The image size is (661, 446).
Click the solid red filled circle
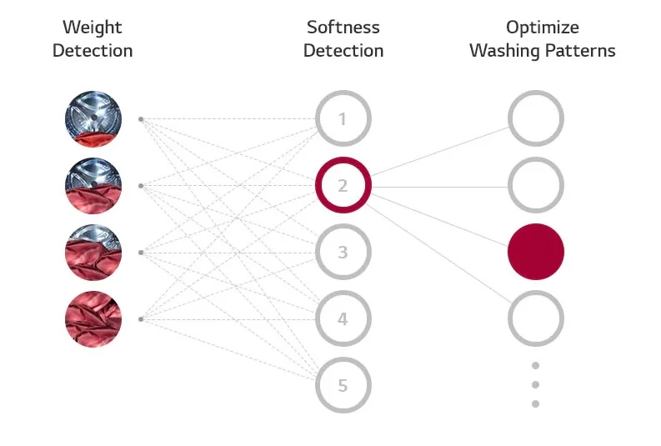click(x=536, y=252)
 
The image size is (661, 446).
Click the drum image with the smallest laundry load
click(x=93, y=119)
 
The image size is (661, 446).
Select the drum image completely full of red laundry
click(x=93, y=319)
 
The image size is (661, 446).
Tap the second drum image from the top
click(x=93, y=185)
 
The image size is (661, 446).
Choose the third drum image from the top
click(x=93, y=252)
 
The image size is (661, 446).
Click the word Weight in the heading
click(x=93, y=28)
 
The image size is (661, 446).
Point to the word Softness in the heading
click(x=343, y=28)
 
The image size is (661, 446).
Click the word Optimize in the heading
click(x=543, y=28)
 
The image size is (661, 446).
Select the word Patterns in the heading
click(x=580, y=51)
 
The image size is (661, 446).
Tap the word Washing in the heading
click(x=504, y=52)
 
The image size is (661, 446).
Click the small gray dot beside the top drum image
click(x=141, y=119)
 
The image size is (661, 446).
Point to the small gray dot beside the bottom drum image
click(x=141, y=319)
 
